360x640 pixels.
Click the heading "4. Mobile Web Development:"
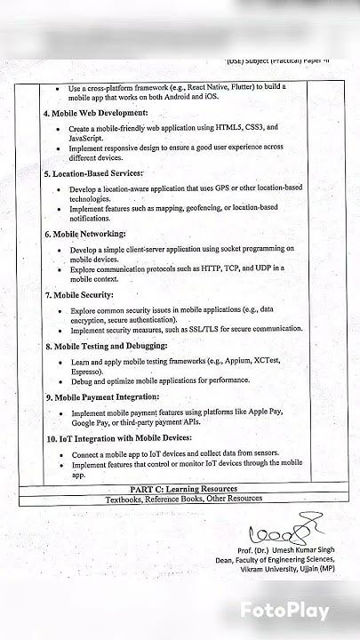(95, 114)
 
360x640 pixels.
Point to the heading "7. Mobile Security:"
(79, 294)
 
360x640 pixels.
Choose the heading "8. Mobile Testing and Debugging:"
(106, 346)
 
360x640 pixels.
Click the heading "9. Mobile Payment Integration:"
(101, 396)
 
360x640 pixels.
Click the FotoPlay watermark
(284, 612)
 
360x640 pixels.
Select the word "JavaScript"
(91, 139)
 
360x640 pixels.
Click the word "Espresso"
(90, 372)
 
